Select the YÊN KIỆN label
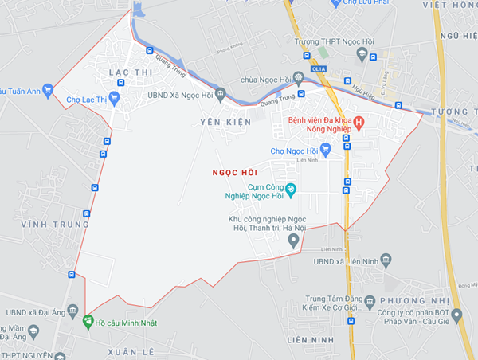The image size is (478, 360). (x=225, y=122)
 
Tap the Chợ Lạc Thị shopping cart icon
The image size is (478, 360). (x=113, y=99)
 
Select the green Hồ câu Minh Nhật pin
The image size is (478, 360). (x=87, y=322)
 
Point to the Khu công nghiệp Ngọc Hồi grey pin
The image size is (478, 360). (x=293, y=242)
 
